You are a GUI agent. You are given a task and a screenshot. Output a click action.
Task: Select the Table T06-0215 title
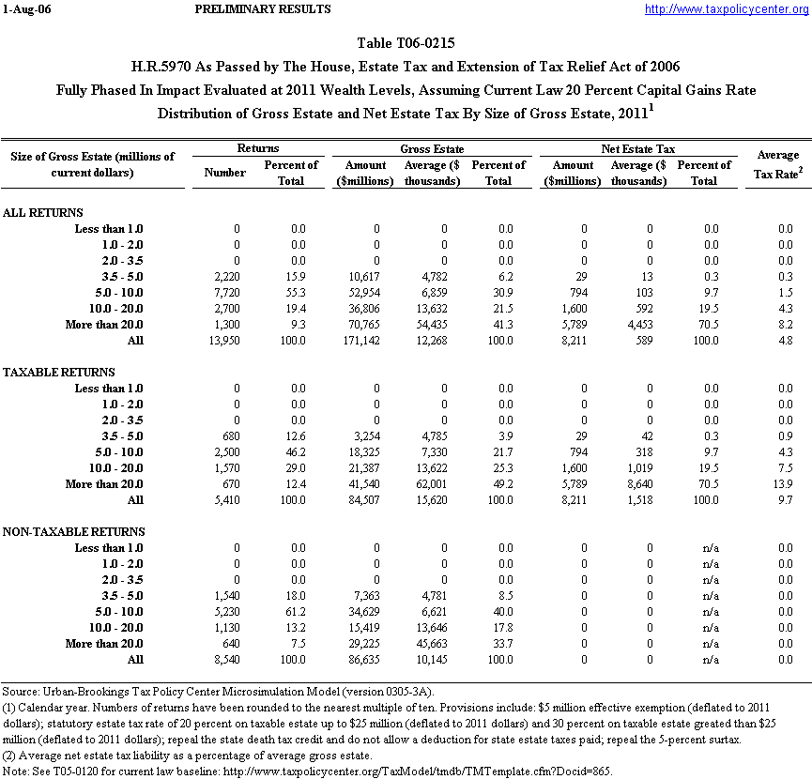coord(406,43)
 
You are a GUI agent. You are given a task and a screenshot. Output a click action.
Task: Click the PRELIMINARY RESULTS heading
coord(262,9)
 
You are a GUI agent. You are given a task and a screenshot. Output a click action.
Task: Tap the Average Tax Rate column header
coord(777,162)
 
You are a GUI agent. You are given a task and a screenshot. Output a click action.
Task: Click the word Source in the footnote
coord(21,692)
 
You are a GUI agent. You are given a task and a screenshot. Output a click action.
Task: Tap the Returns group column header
coord(257,148)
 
